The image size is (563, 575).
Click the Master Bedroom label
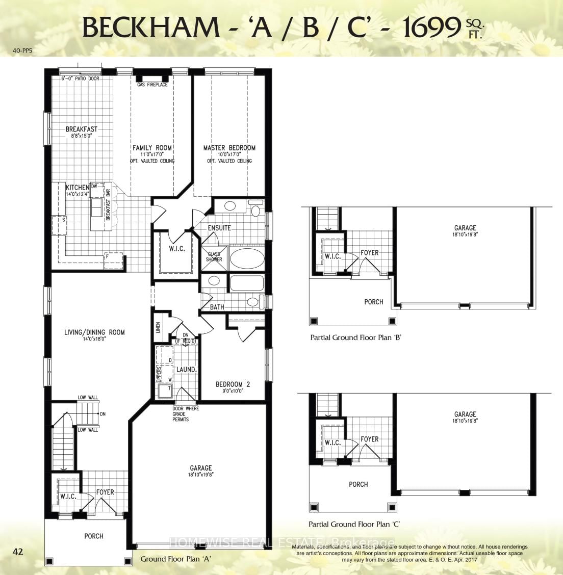pyautogui.click(x=229, y=148)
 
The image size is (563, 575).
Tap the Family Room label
pyautogui.click(x=156, y=148)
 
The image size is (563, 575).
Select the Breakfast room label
pyautogui.click(x=81, y=129)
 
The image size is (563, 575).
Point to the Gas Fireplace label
pyautogui.click(x=152, y=85)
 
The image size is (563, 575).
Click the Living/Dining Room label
pyautogui.click(x=94, y=332)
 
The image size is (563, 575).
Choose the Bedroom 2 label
pyautogui.click(x=233, y=384)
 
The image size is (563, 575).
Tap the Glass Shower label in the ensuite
pyautogui.click(x=214, y=257)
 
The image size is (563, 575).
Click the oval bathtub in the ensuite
pyautogui.click(x=247, y=258)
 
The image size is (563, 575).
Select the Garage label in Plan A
pyautogui.click(x=200, y=468)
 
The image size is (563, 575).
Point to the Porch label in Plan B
pyautogui.click(x=373, y=302)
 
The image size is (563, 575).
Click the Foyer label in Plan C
pyautogui.click(x=369, y=439)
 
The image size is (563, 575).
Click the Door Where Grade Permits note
pyautogui.click(x=186, y=414)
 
